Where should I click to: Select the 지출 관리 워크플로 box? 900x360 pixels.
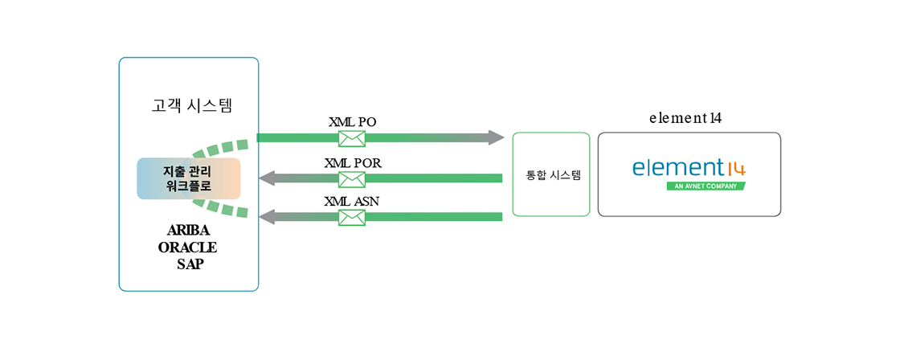coord(189,178)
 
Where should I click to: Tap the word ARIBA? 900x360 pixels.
coord(189,231)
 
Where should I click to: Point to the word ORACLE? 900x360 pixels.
coord(188,247)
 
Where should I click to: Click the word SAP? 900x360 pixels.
coord(190,263)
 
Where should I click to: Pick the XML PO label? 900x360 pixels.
coord(352,122)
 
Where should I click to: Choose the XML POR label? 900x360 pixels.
coord(352,162)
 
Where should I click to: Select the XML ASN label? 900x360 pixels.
coord(352,201)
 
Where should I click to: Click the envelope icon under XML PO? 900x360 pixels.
coord(352,138)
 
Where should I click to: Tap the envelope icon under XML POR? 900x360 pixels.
coord(352,178)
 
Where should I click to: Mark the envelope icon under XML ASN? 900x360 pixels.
coord(352,217)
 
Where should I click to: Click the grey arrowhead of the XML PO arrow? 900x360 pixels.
coord(504,137)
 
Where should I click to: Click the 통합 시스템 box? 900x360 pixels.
coord(551,174)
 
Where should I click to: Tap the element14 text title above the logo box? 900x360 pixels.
coord(685,118)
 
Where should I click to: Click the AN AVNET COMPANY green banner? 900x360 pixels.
coord(706,186)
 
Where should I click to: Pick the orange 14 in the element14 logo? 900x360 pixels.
coord(736,169)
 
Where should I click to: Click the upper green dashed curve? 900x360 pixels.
coord(225,147)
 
